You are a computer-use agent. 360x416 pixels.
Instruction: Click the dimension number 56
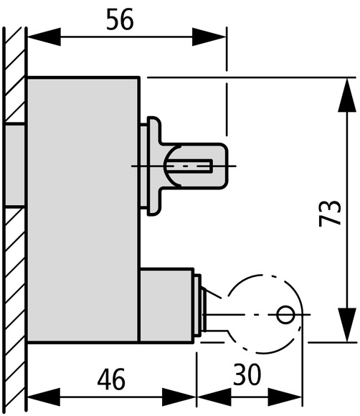click(x=120, y=19)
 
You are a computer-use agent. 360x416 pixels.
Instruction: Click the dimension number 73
click(x=329, y=214)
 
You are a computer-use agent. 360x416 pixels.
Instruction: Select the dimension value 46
click(x=111, y=379)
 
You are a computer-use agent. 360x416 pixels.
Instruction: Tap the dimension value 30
click(x=247, y=374)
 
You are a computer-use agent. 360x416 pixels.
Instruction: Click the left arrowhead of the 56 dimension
click(x=44, y=37)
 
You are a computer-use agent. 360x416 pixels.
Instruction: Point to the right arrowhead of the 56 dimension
click(x=209, y=37)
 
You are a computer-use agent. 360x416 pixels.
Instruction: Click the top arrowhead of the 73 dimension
click(x=347, y=95)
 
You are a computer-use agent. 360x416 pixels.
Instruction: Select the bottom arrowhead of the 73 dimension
click(x=347, y=325)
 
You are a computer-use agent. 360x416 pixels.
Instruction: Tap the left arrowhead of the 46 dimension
click(x=44, y=397)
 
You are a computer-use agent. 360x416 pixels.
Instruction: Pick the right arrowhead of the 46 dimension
click(x=179, y=397)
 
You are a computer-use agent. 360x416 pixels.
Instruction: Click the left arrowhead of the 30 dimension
click(x=214, y=397)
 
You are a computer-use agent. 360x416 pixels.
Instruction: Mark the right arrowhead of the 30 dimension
click(x=285, y=397)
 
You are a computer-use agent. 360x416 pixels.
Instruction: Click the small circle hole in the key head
click(x=285, y=315)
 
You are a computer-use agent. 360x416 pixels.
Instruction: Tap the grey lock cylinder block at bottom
click(x=166, y=306)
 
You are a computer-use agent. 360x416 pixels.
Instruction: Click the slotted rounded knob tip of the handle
click(x=196, y=166)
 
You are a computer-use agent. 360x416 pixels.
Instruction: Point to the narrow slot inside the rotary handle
click(x=190, y=166)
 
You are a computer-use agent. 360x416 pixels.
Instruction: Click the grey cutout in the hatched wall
click(x=15, y=165)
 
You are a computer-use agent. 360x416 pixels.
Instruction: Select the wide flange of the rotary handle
click(x=154, y=166)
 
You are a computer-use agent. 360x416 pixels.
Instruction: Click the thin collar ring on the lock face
click(x=198, y=306)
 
